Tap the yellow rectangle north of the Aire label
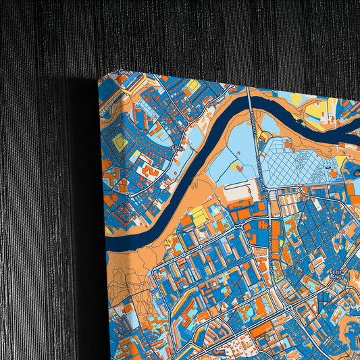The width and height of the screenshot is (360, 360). (193, 87)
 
